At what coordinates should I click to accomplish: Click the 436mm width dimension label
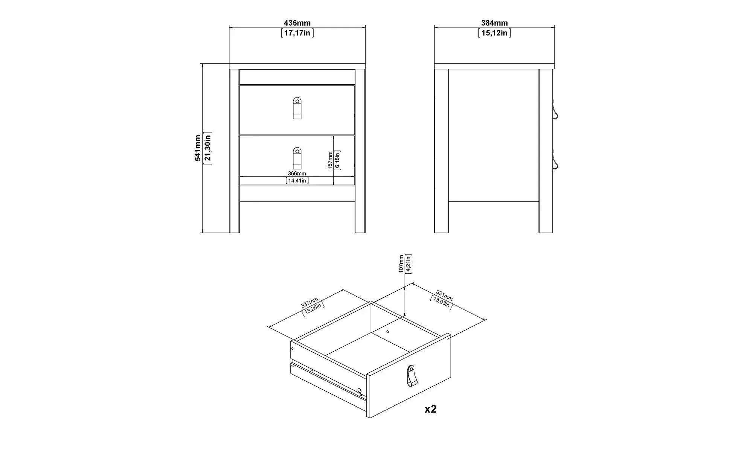297,23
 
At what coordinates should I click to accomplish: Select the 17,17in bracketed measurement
297,33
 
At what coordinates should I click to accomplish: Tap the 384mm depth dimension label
494,23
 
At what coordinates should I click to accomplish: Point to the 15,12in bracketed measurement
494,33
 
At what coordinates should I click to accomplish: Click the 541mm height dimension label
198,148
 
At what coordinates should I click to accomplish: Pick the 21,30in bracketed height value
207,148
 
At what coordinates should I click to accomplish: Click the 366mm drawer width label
297,174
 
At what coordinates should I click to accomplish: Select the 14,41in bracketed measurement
297,181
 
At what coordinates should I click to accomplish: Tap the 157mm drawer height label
330,160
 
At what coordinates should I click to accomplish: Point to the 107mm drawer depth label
401,264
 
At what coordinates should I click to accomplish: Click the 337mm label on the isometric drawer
309,302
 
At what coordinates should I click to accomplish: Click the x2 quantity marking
430,409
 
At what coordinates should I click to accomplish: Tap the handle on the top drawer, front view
297,108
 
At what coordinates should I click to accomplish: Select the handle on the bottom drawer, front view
297,158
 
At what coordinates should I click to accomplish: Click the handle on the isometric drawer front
412,376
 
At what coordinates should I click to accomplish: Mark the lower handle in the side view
555,159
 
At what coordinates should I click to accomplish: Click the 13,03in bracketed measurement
441,303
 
